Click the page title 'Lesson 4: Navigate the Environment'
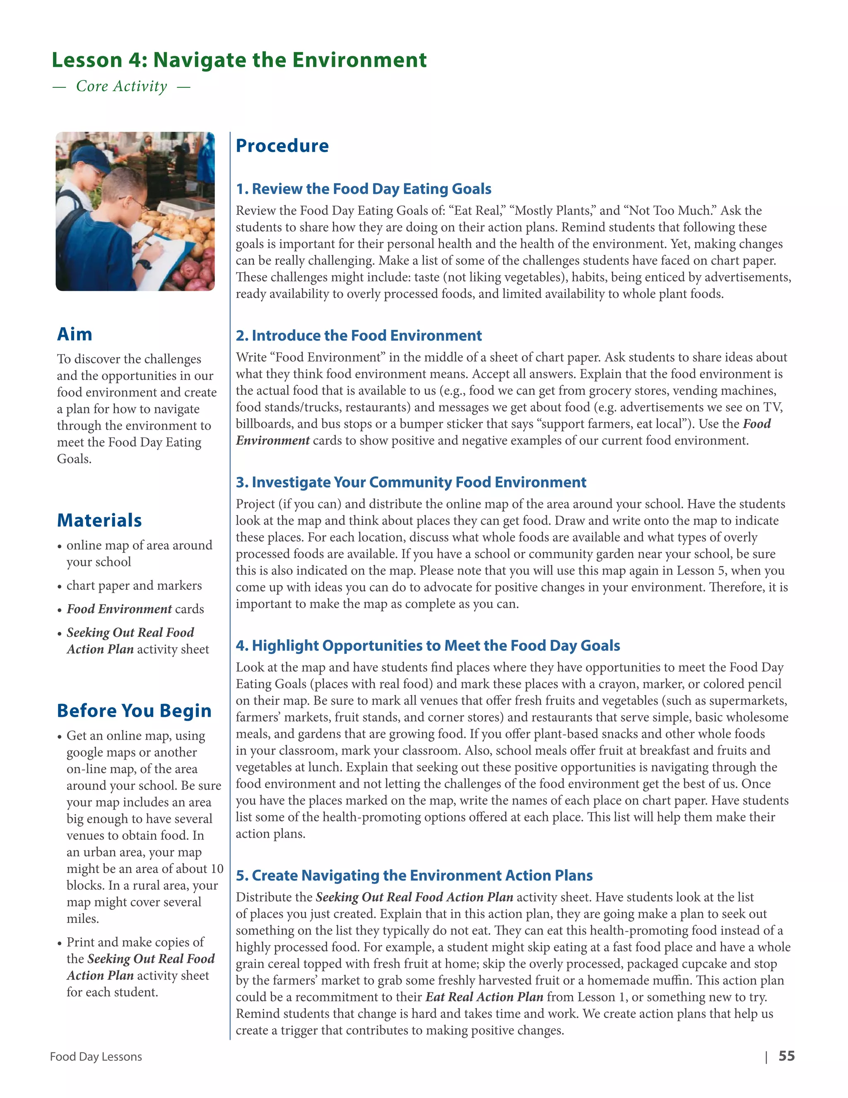[x=239, y=60]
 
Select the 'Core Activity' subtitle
[x=122, y=87]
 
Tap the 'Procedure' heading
[x=282, y=146]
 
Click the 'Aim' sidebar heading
[x=75, y=334]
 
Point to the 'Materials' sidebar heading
[x=99, y=520]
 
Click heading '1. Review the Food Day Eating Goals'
[x=363, y=189]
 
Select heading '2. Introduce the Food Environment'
[x=359, y=336]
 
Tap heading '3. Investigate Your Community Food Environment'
[x=411, y=483]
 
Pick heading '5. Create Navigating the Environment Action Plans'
[x=414, y=876]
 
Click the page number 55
[x=786, y=1056]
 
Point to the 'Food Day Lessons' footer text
[x=96, y=1057]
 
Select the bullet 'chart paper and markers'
[x=134, y=586]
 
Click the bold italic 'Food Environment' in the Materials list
[x=119, y=609]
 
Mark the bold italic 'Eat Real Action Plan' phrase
[x=484, y=997]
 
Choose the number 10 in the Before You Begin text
[x=217, y=869]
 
